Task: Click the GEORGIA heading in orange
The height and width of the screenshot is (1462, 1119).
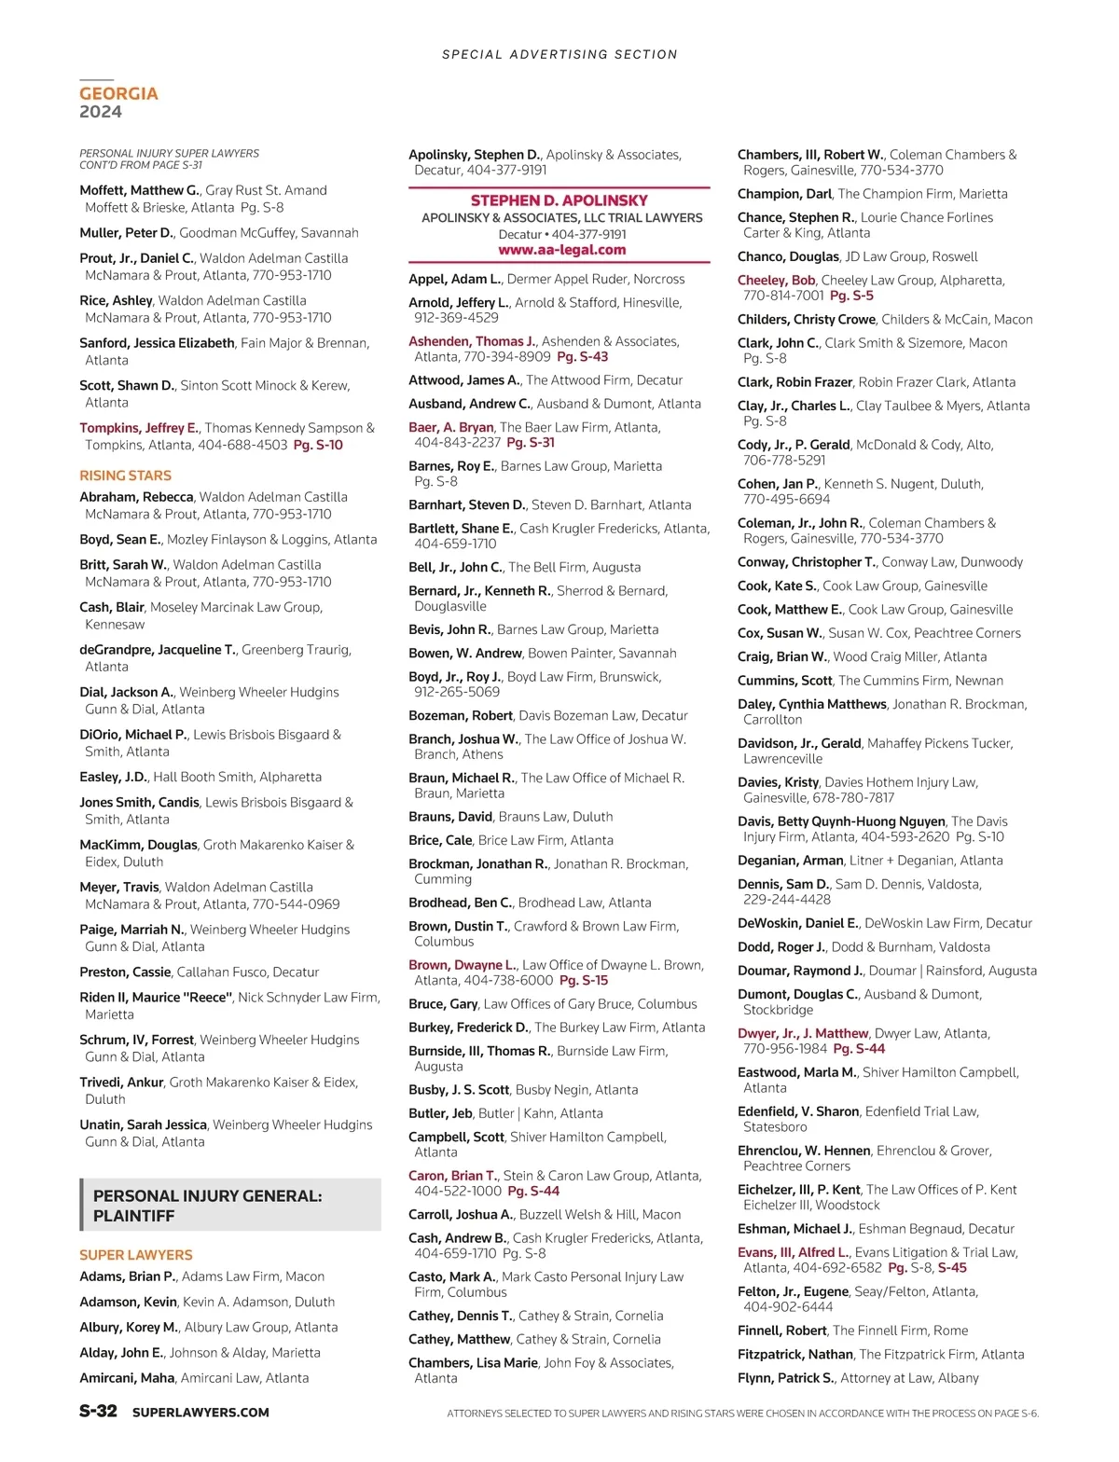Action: pyautogui.click(x=118, y=93)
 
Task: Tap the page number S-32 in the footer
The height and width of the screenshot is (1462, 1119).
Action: pyautogui.click(x=98, y=1411)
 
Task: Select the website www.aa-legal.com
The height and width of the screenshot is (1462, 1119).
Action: pyautogui.click(x=561, y=250)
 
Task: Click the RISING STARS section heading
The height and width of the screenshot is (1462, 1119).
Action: pyautogui.click(x=125, y=476)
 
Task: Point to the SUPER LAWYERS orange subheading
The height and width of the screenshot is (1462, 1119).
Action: pyautogui.click(x=136, y=1255)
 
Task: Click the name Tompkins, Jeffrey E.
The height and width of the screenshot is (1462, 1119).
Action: pyautogui.click(x=139, y=428)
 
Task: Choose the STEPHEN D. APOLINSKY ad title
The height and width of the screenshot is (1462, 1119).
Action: pyautogui.click(x=559, y=200)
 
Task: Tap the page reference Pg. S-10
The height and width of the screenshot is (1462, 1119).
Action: pyautogui.click(x=318, y=445)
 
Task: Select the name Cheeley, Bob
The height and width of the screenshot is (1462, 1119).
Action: pyautogui.click(x=776, y=280)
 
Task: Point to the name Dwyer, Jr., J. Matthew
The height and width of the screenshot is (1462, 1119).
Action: pyautogui.click(x=803, y=1033)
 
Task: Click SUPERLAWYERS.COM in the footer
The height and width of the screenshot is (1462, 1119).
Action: pyautogui.click(x=200, y=1412)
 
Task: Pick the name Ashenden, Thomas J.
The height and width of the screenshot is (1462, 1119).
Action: pyautogui.click(x=472, y=341)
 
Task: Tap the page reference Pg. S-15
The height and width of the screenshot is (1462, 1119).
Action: pyautogui.click(x=584, y=980)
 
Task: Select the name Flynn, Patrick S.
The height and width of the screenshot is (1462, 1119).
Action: pyautogui.click(x=785, y=1377)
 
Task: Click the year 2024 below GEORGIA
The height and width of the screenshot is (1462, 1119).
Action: pyautogui.click(x=101, y=112)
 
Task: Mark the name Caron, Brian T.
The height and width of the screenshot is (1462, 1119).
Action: pyautogui.click(x=452, y=1176)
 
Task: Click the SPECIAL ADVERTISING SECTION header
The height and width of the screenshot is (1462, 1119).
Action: pyautogui.click(x=559, y=55)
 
